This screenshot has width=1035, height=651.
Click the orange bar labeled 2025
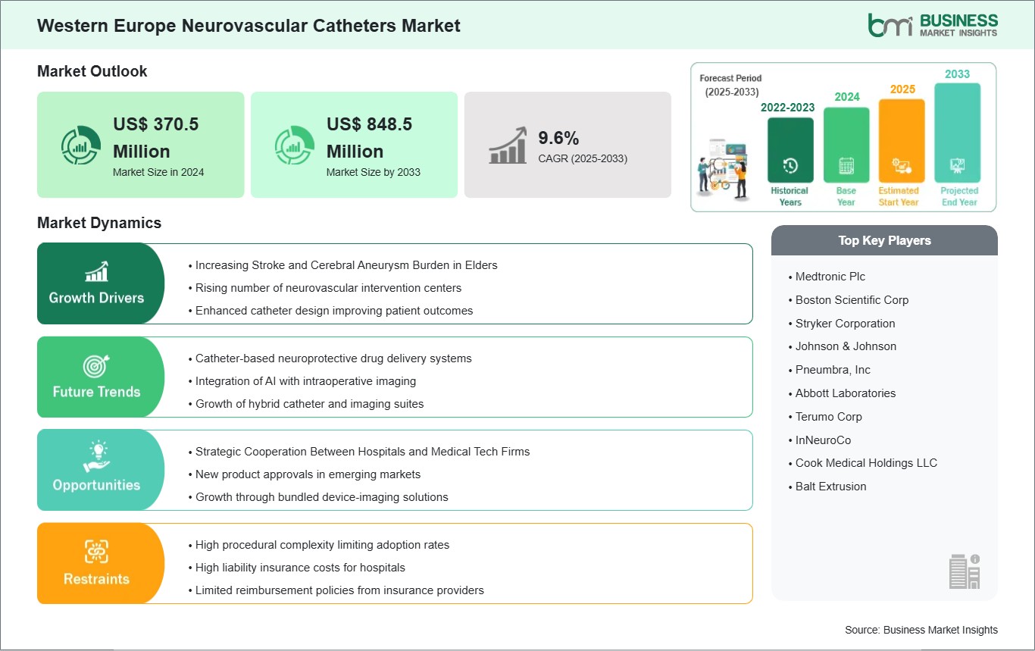pos(902,140)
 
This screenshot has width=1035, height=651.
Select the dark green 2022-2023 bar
pos(790,150)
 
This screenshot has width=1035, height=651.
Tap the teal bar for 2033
pos(957,133)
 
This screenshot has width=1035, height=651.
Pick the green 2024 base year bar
pos(846,145)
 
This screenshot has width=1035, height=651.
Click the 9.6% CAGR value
pos(558,138)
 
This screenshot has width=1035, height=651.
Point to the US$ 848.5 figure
pos(369,124)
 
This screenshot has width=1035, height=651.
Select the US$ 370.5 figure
pos(156,124)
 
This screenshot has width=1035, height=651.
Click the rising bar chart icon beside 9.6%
pos(508,145)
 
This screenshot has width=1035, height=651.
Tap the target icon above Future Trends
pos(96,366)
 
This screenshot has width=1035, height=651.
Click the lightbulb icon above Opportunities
pos(96,456)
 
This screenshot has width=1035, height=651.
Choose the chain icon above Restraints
pos(96,552)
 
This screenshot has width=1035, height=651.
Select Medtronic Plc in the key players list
pos(830,277)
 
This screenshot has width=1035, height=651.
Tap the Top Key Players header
pos(884,240)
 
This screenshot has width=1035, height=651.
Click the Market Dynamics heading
pos(99,223)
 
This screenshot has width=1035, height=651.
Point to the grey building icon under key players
pos(965,571)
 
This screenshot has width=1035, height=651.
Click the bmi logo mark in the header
pos(890,25)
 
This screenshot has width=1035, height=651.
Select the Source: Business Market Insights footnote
pos(921,630)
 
